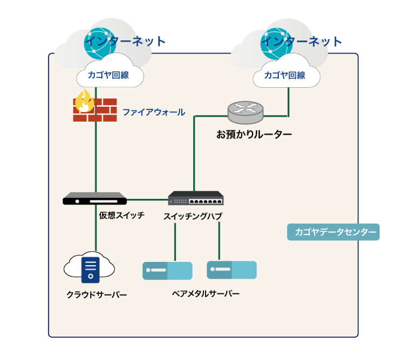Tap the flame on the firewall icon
[84, 101]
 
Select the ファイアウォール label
[153, 112]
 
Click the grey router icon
[245, 112]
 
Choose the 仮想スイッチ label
[121, 215]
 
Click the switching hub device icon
[195, 198]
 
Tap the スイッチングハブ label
[193, 216]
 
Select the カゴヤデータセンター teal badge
[333, 232]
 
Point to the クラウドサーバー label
[97, 295]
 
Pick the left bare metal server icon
[167, 271]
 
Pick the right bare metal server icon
[231, 269]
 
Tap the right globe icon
[273, 43]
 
